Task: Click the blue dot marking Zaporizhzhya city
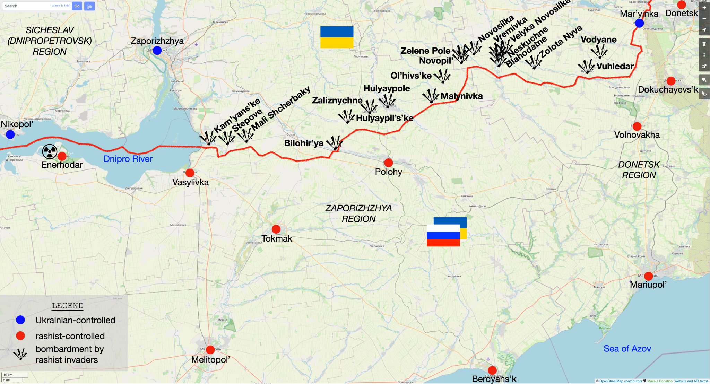coord(157,50)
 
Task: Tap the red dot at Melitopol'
coord(210,350)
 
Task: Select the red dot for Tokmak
coord(276,229)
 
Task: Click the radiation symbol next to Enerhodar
coord(50,151)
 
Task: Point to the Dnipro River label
coord(128,159)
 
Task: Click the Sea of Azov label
coord(627,348)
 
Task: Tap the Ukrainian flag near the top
coord(337,37)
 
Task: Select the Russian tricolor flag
coord(443,235)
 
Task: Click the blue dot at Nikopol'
coord(10,134)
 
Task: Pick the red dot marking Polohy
coord(389,163)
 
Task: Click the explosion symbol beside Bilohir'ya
coord(335,143)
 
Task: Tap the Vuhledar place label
coord(615,66)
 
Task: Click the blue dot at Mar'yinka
coord(639,23)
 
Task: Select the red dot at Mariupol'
coord(648,276)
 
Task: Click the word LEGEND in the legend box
coord(68,306)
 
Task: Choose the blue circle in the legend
coord(20,320)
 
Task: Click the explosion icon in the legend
coord(20,354)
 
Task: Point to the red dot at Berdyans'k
coord(492,370)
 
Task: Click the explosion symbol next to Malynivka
coord(431,96)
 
